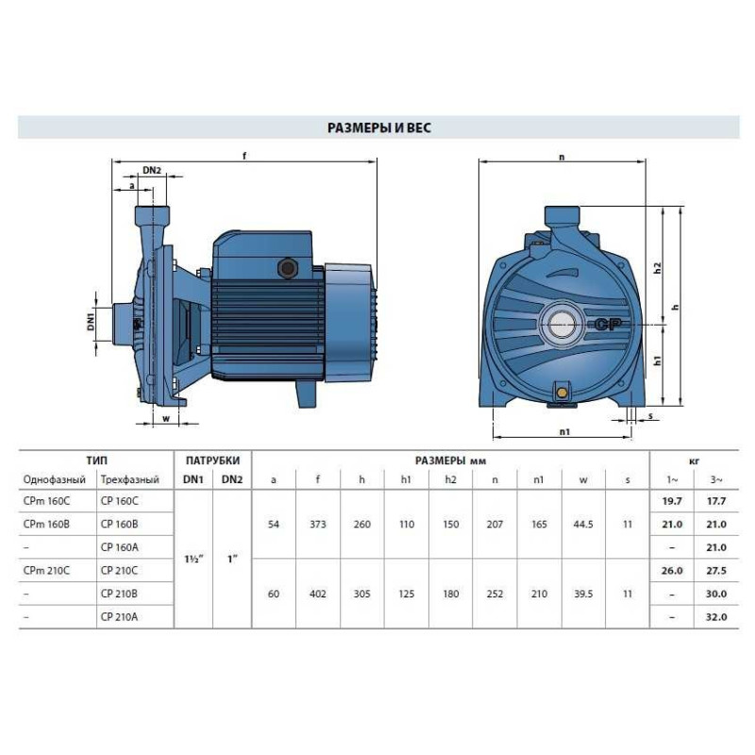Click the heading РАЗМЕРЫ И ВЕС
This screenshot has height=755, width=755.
coord(379,128)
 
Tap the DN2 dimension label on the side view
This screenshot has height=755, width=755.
coord(152,170)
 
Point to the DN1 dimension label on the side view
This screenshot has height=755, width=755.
coord(91,321)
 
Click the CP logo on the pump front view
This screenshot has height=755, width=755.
coord(608,325)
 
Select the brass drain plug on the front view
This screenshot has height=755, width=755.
coord(562,392)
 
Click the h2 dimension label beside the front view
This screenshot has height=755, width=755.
coord(657,268)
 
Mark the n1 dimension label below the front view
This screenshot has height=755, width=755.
coord(564,432)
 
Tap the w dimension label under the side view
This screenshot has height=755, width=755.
coord(166,418)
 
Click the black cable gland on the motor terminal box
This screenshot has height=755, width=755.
coord(288,268)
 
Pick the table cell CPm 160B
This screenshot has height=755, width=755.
coord(46,524)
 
